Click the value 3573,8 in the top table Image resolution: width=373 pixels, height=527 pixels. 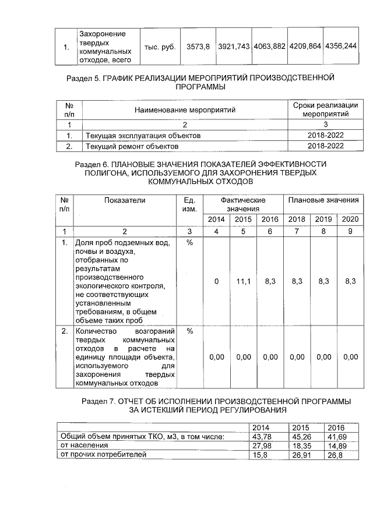tap(198, 45)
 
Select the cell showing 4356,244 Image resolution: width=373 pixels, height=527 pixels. tap(340, 45)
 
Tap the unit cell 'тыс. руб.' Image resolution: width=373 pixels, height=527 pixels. tap(160, 45)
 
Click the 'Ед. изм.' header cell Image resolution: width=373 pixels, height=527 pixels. tap(189, 204)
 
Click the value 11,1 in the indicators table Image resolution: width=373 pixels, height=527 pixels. tap(243, 281)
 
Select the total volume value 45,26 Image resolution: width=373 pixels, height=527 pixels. tap(300, 437)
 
